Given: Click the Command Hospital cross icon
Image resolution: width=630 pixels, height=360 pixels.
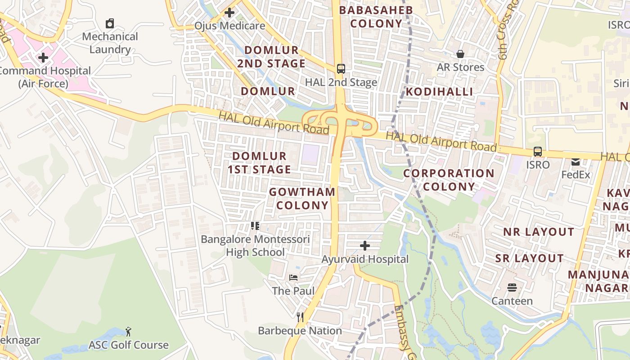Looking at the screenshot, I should click(43, 58).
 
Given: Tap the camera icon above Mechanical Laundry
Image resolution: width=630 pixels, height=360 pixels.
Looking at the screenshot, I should click(110, 23).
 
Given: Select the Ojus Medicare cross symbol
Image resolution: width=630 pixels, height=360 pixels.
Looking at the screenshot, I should click(229, 13).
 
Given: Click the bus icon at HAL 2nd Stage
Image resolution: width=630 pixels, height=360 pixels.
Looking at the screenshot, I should click(341, 69).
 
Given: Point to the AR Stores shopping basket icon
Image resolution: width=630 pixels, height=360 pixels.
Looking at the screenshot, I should click(460, 54).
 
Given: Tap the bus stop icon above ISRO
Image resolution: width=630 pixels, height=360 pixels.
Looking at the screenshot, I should click(538, 152).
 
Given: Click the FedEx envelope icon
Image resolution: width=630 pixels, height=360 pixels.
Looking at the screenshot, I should click(576, 162).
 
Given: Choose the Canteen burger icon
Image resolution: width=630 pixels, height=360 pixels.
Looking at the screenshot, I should click(512, 288).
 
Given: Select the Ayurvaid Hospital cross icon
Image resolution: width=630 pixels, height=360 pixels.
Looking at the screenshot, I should click(365, 246).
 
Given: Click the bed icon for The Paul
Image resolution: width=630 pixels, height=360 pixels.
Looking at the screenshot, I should click(293, 278).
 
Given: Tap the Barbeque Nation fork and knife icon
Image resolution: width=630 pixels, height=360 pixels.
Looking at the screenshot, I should click(300, 317).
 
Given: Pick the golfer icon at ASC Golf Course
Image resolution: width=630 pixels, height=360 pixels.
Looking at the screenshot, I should click(128, 332).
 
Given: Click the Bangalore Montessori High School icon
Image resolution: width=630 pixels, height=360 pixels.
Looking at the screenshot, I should click(255, 226).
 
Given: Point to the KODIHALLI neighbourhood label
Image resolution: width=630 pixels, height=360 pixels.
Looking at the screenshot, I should click(440, 92).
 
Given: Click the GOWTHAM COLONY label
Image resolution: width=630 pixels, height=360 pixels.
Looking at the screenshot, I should click(302, 198).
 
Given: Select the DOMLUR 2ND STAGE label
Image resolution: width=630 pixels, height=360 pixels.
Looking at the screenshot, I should click(271, 57).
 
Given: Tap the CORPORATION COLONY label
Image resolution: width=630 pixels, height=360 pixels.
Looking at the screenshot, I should click(449, 180).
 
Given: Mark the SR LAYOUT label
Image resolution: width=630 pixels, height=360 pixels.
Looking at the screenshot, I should click(529, 258).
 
